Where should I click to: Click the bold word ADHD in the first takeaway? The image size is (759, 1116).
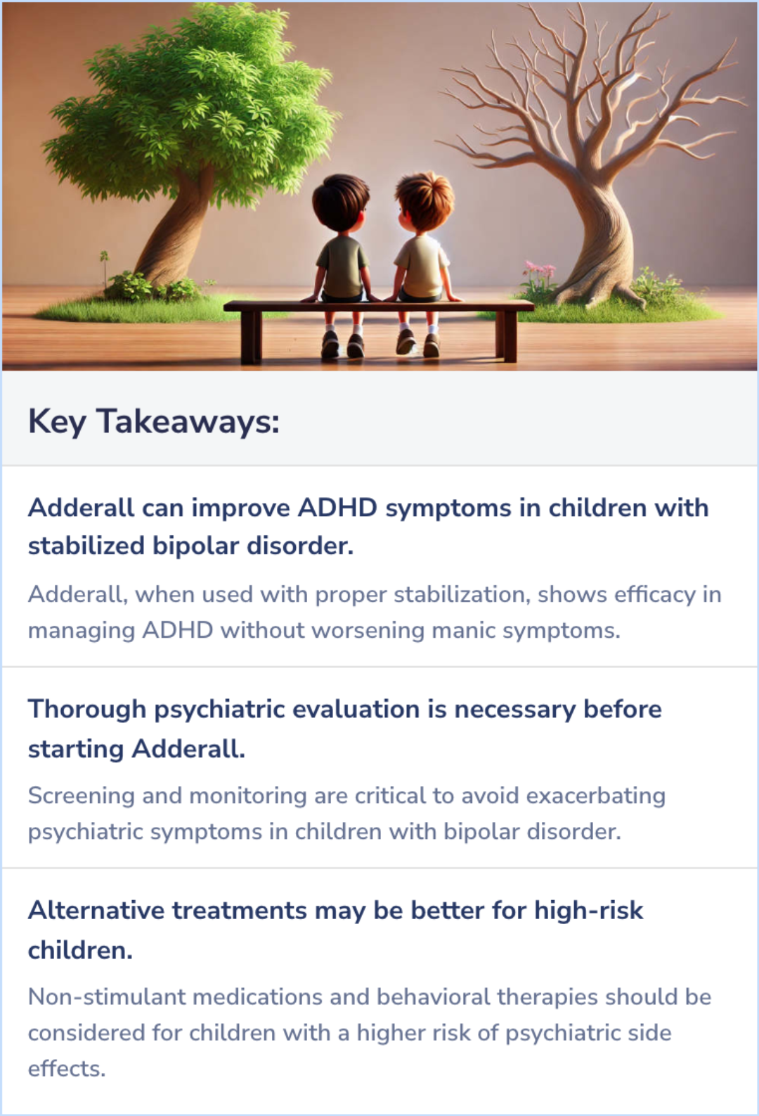pos(337,508)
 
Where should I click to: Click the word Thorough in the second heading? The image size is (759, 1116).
pos(86,709)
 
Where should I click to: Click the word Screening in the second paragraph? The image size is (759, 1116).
pos(81,795)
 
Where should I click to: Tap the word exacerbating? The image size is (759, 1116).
pos(595,795)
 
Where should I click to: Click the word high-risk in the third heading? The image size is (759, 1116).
pos(588,910)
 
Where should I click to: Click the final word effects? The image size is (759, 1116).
pos(66,1069)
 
